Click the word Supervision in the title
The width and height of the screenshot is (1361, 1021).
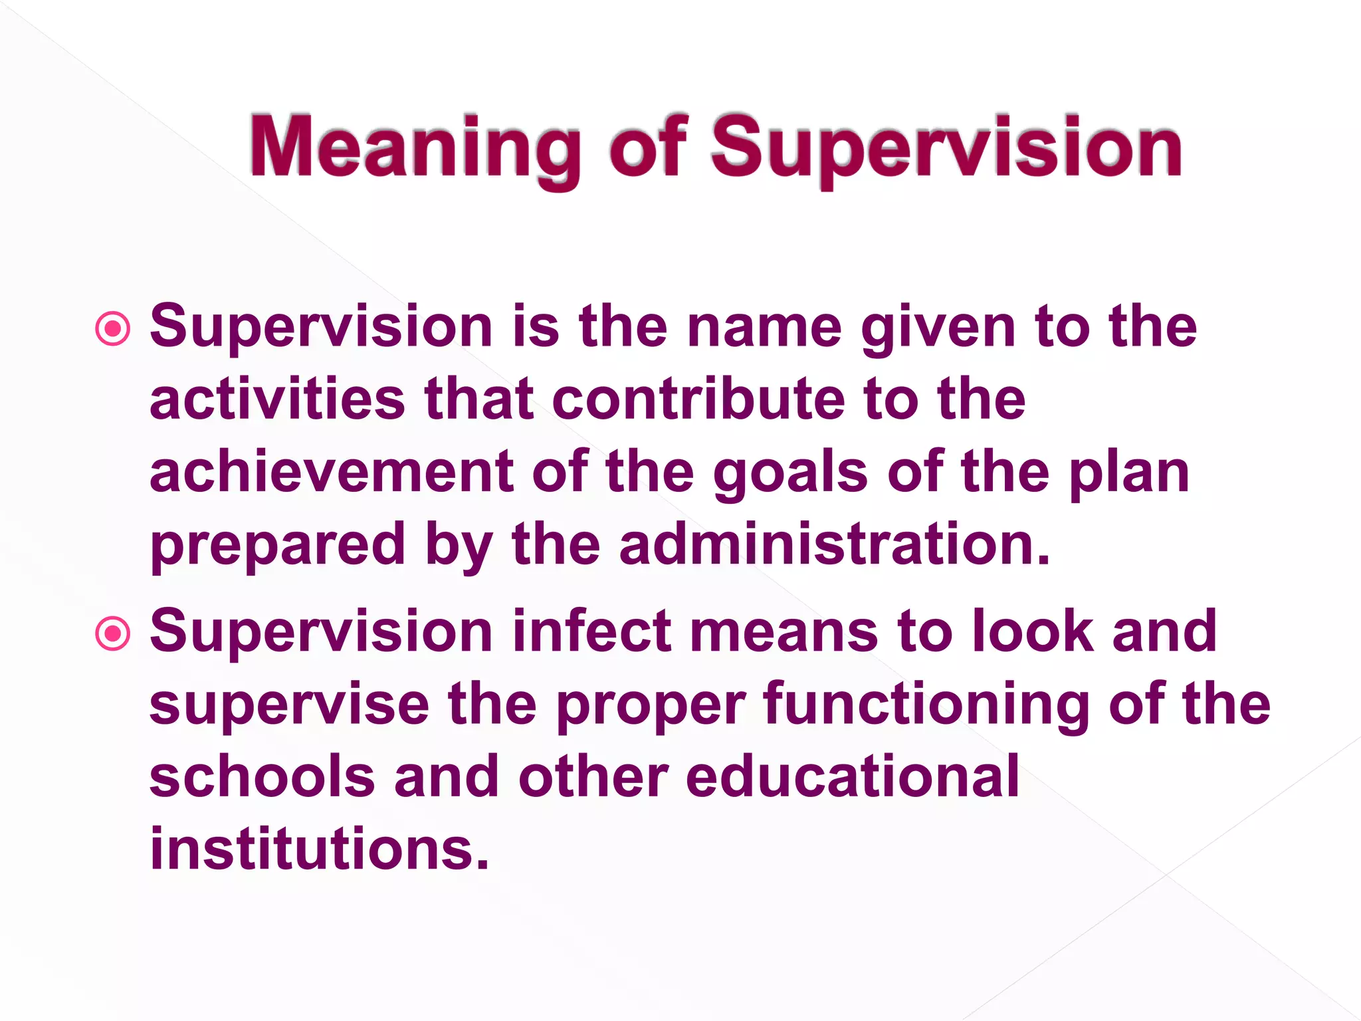(946, 148)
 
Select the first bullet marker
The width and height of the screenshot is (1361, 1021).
(113, 328)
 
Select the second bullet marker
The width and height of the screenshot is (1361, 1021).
(113, 633)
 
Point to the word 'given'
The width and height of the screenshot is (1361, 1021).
(938, 328)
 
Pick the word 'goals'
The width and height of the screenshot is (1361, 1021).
(790, 473)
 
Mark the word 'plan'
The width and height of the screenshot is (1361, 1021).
(1129, 473)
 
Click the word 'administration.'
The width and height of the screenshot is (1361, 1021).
(835, 545)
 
